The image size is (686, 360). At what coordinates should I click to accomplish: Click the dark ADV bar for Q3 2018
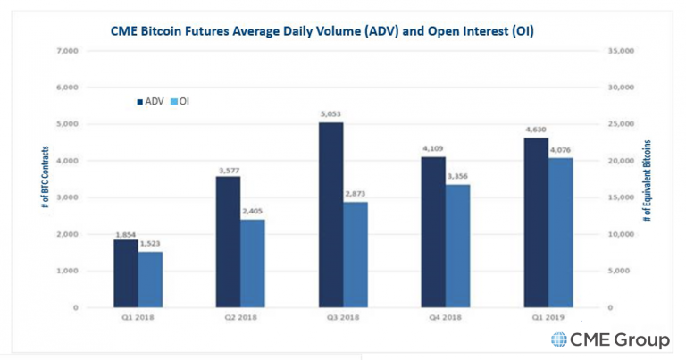(x=330, y=214)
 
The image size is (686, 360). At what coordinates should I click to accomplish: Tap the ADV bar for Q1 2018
(x=125, y=273)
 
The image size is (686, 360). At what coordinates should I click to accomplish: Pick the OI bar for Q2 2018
(x=253, y=263)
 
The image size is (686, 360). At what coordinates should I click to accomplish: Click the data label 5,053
(x=330, y=114)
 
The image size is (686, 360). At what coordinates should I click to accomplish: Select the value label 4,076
(x=561, y=150)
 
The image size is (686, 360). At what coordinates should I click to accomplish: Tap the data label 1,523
(x=151, y=244)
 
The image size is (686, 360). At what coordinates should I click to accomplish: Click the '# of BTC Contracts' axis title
(x=45, y=179)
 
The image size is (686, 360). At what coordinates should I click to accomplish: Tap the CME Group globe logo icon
(x=559, y=339)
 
